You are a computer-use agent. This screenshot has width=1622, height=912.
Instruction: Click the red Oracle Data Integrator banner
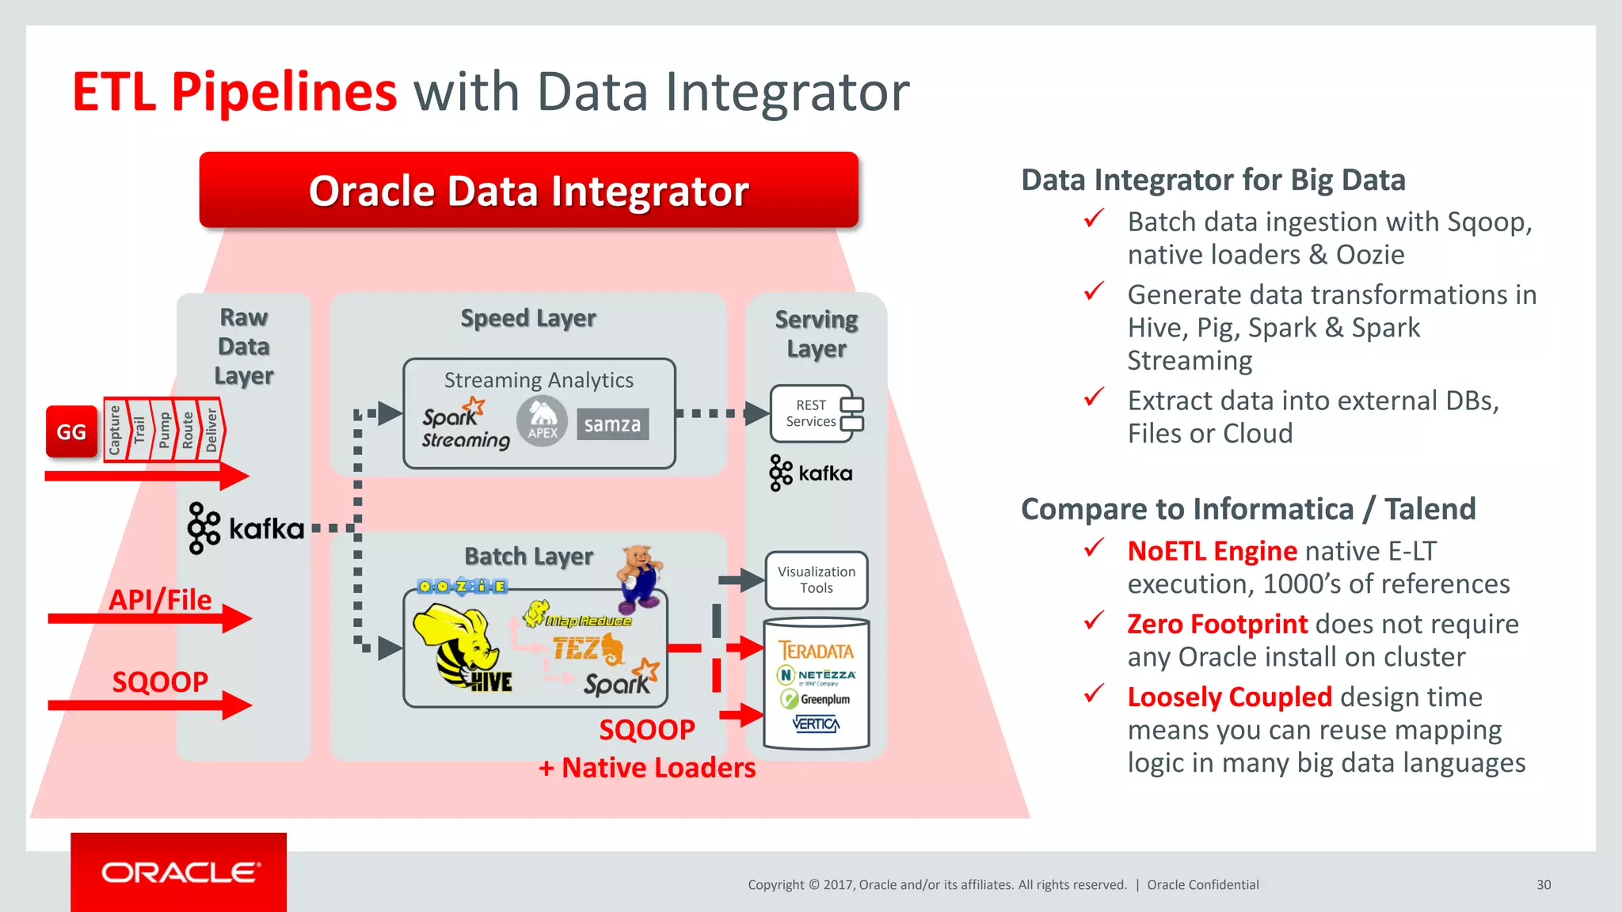[x=528, y=191]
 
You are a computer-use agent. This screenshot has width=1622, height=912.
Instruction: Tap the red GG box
[x=71, y=432]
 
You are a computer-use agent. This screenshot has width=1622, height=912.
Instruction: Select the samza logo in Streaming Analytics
[x=612, y=424]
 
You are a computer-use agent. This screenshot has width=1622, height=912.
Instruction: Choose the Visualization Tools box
[x=816, y=579]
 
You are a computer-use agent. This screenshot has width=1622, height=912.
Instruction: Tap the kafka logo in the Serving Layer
[x=811, y=473]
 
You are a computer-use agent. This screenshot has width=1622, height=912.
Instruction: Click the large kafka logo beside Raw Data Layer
[x=246, y=528]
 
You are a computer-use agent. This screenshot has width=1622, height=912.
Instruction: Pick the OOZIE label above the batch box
[x=462, y=587]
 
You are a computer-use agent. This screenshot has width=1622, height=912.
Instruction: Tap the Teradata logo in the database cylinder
[x=816, y=651]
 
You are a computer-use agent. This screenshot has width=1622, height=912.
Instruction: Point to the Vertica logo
[x=816, y=724]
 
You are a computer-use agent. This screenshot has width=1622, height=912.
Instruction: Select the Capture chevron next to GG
[x=115, y=431]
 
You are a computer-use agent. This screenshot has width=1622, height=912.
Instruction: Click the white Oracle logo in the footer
[x=180, y=872]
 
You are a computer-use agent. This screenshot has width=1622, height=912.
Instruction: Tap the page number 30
[x=1544, y=885]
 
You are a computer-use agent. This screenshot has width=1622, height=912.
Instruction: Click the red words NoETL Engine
[x=1212, y=551]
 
